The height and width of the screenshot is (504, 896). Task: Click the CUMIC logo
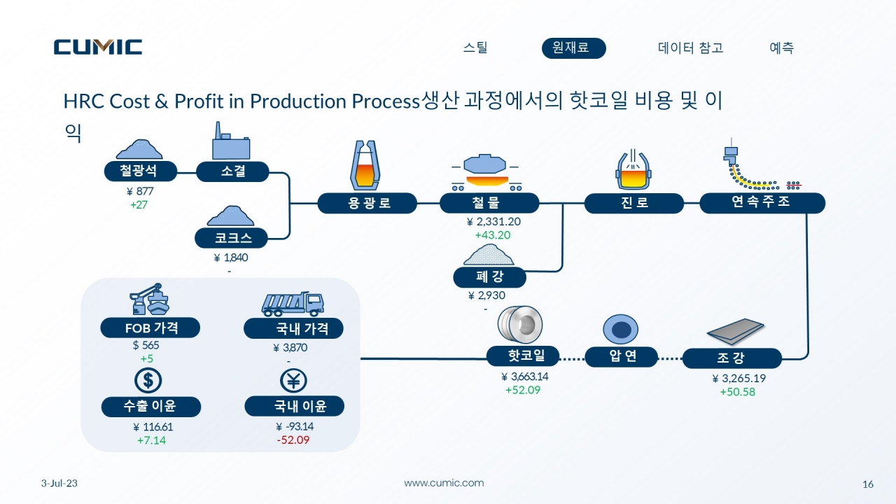click(98, 46)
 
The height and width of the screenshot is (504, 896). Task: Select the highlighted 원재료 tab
click(573, 48)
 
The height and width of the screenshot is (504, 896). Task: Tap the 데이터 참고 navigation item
click(691, 48)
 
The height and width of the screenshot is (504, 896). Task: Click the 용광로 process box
click(367, 203)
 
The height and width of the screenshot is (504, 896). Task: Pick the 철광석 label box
click(141, 171)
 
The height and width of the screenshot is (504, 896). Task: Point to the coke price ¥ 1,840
click(231, 257)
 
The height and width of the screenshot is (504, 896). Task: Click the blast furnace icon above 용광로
click(365, 165)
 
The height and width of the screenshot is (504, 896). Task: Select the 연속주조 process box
click(762, 203)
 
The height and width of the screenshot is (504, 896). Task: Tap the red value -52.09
click(293, 440)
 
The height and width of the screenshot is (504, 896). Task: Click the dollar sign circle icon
click(148, 380)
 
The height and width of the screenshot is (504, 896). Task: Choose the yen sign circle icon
click(293, 380)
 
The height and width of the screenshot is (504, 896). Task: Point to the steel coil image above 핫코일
click(520, 325)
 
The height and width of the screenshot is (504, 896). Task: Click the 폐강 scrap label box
click(489, 276)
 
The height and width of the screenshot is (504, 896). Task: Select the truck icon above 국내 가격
click(293, 304)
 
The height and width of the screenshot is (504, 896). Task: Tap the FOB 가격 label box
click(150, 328)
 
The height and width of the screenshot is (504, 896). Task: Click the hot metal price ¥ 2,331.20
click(493, 221)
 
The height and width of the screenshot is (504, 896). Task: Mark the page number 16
click(867, 484)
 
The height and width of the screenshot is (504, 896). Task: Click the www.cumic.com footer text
click(444, 483)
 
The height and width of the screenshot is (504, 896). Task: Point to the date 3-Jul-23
click(59, 483)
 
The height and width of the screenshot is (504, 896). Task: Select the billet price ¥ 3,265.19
click(738, 378)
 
